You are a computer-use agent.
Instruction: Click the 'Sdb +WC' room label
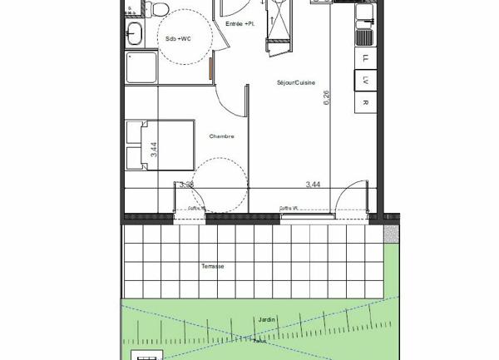coord(179,38)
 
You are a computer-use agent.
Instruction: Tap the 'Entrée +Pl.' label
coord(241,24)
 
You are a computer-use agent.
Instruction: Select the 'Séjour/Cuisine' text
coord(294,82)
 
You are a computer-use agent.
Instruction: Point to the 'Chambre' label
coord(221,136)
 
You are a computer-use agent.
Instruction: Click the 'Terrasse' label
coord(212,266)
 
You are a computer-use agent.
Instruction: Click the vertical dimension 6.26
coord(327,96)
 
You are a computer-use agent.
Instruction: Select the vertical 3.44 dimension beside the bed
coord(154,149)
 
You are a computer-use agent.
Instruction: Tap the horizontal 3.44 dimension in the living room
coord(314,184)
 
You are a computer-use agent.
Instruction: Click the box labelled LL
coord(364,58)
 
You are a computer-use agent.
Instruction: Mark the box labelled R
coord(364,102)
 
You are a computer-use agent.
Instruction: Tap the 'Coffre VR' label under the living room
coord(289,208)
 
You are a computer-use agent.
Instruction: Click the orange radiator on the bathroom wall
coord(211,67)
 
